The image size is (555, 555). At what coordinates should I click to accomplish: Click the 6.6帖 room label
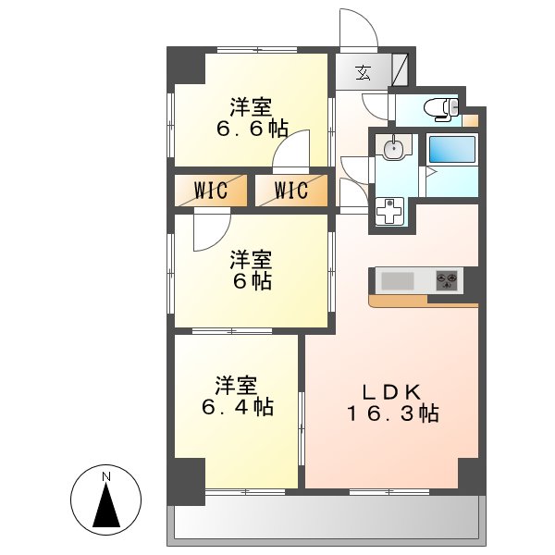[251, 117]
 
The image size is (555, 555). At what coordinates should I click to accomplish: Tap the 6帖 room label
[251, 269]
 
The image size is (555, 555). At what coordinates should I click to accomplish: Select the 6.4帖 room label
[236, 395]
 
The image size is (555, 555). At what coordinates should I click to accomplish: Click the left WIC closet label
[212, 191]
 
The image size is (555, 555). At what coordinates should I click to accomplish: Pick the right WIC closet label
[290, 191]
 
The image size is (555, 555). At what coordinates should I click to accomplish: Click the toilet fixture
[442, 109]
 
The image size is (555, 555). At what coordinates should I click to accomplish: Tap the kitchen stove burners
[447, 279]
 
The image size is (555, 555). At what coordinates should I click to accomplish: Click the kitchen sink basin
[398, 279]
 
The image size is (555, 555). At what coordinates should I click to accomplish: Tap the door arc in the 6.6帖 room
[291, 148]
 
